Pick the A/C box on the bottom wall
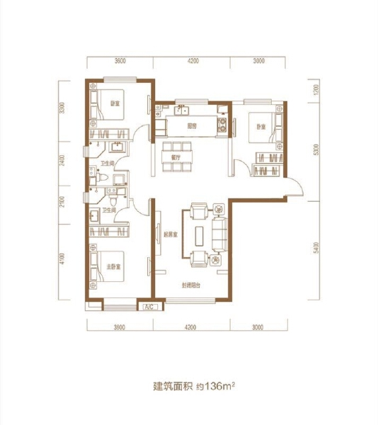(149, 307)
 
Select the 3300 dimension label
(63, 108)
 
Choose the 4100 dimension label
(63, 261)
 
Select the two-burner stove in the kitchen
(224, 127)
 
